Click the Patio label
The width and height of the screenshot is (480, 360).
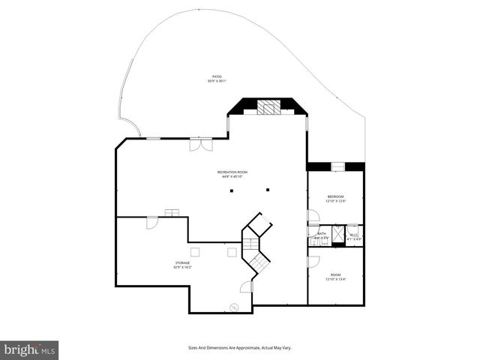pyautogui.click(x=217, y=76)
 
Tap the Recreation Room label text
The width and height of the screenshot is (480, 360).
pyautogui.click(x=232, y=172)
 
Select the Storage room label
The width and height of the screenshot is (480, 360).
pyautogui.click(x=183, y=262)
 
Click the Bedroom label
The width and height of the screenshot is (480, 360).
pyautogui.click(x=334, y=196)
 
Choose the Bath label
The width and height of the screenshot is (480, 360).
pyautogui.click(x=322, y=233)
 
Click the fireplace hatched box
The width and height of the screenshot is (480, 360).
pyautogui.click(x=268, y=106)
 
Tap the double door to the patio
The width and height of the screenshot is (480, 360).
pyautogui.click(x=195, y=144)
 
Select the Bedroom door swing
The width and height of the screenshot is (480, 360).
pyautogui.click(x=313, y=215)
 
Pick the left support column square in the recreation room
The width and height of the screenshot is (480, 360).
pyautogui.click(x=232, y=190)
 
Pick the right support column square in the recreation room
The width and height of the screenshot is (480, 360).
pyautogui.click(x=268, y=190)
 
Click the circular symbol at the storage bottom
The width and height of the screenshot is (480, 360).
pyautogui.click(x=234, y=306)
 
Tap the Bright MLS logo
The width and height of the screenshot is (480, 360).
pyautogui.click(x=30, y=349)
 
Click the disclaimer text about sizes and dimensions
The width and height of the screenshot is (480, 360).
pyautogui.click(x=240, y=348)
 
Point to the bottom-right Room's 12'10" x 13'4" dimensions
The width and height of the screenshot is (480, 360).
pyautogui.click(x=334, y=279)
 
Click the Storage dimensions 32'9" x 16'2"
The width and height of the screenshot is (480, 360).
pyautogui.click(x=183, y=267)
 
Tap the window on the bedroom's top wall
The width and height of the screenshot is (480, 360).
pyautogui.click(x=338, y=166)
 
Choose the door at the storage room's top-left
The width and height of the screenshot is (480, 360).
pyautogui.click(x=151, y=223)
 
